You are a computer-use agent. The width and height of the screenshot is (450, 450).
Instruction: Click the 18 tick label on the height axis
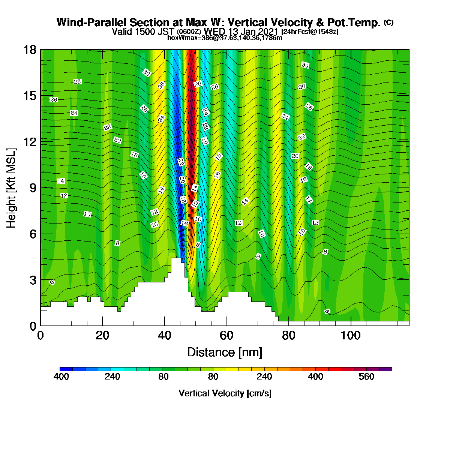pyautogui.click(x=30, y=50)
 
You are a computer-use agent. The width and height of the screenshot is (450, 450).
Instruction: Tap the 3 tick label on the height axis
pyautogui.click(x=33, y=280)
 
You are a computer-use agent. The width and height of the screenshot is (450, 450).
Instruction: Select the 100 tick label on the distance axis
pyautogui.click(x=350, y=336)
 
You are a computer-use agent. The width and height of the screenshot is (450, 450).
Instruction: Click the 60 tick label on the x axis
pyautogui.click(x=226, y=336)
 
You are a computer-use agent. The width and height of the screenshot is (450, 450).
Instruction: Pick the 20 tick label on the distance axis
pyautogui.click(x=102, y=336)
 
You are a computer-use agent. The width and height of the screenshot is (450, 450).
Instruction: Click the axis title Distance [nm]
pyautogui.click(x=225, y=352)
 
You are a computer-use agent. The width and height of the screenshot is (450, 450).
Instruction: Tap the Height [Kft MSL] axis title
pyautogui.click(x=11, y=188)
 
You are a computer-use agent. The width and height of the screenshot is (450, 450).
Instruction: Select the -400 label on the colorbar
pyautogui.click(x=60, y=376)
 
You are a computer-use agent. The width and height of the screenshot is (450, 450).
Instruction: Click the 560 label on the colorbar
pyautogui.click(x=366, y=376)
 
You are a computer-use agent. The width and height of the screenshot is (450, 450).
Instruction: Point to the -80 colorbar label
pyautogui.click(x=162, y=376)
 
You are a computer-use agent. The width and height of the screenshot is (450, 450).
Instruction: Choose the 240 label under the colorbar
pyautogui.click(x=264, y=376)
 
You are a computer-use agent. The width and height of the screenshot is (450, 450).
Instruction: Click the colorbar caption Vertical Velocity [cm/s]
pyautogui.click(x=225, y=393)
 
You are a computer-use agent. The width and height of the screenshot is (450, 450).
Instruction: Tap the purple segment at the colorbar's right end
pyautogui.click(x=385, y=369)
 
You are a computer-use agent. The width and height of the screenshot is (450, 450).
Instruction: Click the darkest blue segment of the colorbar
pyautogui.click(x=66, y=369)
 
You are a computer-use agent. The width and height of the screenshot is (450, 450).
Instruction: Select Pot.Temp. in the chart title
pyautogui.click(x=354, y=22)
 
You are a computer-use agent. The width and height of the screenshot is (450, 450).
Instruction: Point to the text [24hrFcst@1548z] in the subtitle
pyautogui.click(x=309, y=32)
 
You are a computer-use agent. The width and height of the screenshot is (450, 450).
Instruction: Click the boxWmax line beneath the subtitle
pyautogui.click(x=225, y=38)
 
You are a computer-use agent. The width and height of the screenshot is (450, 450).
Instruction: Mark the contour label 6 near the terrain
pyautogui.click(x=52, y=282)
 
